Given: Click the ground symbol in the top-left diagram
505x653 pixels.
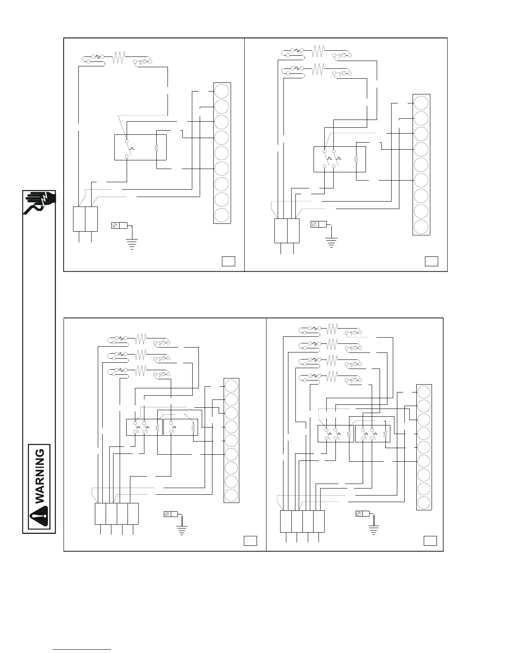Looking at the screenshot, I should pyautogui.click(x=132, y=243).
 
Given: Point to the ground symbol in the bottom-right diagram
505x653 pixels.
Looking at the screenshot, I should pyautogui.click(x=374, y=530).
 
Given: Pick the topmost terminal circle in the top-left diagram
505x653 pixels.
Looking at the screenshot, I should pyautogui.click(x=222, y=91).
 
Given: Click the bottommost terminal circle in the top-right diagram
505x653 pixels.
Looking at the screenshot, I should pyautogui.click(x=421, y=227).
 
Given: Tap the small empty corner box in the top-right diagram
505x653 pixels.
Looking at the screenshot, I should pyautogui.click(x=432, y=261).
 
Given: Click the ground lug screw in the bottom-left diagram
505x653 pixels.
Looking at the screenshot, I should pyautogui.click(x=168, y=514).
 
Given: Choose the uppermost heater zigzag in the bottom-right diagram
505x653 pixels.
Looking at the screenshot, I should pyautogui.click(x=333, y=329).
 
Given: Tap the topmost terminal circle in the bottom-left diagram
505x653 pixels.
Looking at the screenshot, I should pyautogui.click(x=231, y=385).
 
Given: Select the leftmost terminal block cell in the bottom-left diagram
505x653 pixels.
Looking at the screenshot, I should pyautogui.click(x=100, y=513).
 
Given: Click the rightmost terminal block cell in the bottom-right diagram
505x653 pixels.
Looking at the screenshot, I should pyautogui.click(x=319, y=521).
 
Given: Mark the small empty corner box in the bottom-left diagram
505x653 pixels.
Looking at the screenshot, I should pyautogui.click(x=250, y=540).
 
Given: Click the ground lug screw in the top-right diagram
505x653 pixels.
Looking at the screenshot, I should pyautogui.click(x=314, y=224).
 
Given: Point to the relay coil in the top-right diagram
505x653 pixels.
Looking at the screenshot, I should pyautogui.click(x=356, y=159).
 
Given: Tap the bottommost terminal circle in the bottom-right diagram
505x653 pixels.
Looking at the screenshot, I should pyautogui.click(x=423, y=503).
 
